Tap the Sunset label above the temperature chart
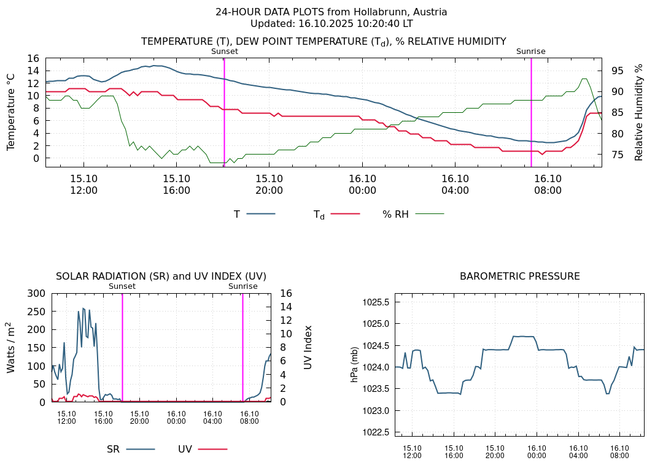click(x=224, y=52)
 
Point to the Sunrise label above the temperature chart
click(x=530, y=52)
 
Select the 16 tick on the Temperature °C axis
click(x=33, y=58)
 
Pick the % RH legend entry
click(x=395, y=214)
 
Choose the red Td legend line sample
click(x=345, y=214)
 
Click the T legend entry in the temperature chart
click(x=237, y=214)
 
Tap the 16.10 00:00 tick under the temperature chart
click(x=362, y=184)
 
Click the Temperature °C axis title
click(x=11, y=112)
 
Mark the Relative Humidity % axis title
click(x=639, y=112)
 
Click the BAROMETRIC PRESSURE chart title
click(x=519, y=277)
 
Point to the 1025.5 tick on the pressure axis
click(x=376, y=302)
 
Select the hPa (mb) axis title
click(x=354, y=364)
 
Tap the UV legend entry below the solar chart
click(x=185, y=450)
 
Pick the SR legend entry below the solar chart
click(x=114, y=450)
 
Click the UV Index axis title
click(x=308, y=347)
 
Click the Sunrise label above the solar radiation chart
click(x=243, y=286)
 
